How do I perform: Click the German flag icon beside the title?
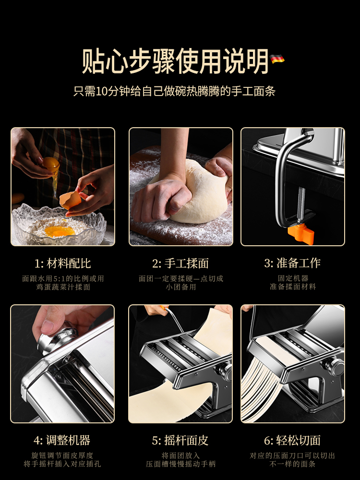277,59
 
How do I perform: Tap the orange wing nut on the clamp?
301,235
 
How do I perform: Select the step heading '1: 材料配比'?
63,263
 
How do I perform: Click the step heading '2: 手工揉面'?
180,263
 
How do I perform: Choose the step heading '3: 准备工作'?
292,263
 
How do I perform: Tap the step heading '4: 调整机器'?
62,440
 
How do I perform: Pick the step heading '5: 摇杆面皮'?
180,440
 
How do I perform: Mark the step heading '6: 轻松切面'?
292,440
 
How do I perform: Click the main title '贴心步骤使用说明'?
175,61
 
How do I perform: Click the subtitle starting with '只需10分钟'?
175,91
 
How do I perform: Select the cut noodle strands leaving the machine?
263,389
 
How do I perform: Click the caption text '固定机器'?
293,278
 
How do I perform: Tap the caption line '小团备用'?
181,287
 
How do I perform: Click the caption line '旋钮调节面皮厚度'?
62,456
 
